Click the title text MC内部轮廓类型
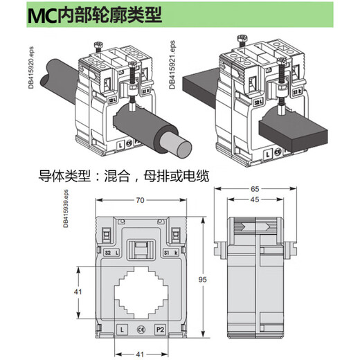(x=95, y=15)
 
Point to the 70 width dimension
(x=141, y=201)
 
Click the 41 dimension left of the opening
(x=78, y=291)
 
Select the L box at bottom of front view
(x=121, y=330)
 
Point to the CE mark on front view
(x=141, y=330)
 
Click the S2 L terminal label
(x=111, y=253)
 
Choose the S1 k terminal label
(x=170, y=253)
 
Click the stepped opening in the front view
(x=141, y=291)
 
